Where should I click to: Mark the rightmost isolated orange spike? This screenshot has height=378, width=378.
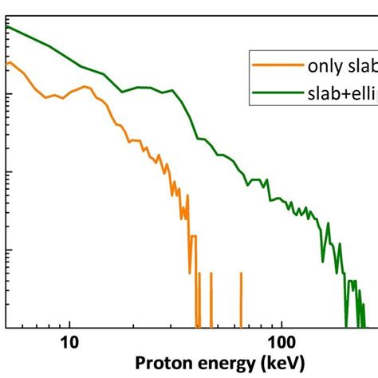point(241,299)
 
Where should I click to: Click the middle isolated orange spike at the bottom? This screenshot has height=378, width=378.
point(211,299)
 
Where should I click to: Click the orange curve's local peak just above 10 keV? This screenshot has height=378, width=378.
point(84,87)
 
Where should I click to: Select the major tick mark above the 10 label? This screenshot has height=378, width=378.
point(69,322)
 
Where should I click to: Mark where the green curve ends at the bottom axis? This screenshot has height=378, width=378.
point(363,325)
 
